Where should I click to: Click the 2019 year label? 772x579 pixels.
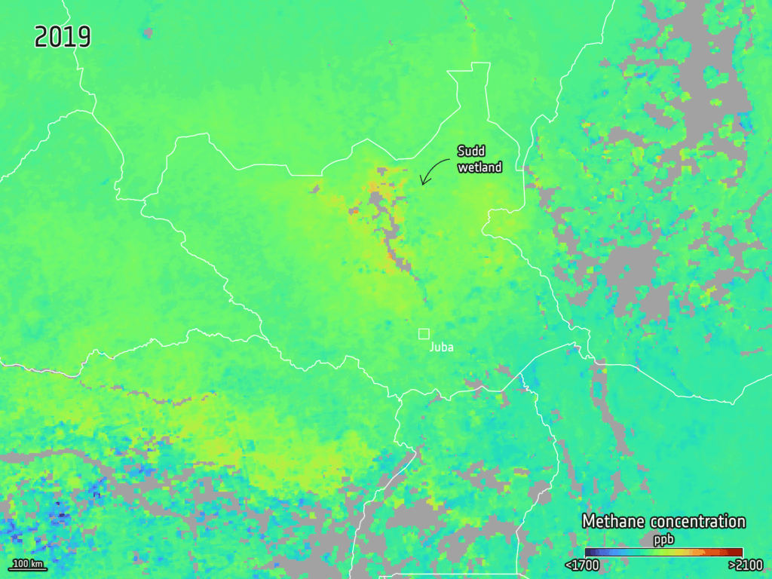point(63,37)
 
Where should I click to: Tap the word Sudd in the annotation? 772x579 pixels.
point(471,152)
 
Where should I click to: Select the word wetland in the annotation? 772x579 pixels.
point(479,167)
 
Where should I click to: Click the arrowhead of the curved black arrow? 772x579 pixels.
point(423,182)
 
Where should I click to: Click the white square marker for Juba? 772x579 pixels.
point(424,333)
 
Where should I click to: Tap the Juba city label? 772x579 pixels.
point(441,348)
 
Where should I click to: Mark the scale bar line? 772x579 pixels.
point(28,569)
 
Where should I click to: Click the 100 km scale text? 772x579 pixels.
point(28,563)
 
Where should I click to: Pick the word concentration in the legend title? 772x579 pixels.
point(697,522)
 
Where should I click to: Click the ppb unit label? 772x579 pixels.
point(663,539)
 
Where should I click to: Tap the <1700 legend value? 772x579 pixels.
point(581,565)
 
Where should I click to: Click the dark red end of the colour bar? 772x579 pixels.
point(737,552)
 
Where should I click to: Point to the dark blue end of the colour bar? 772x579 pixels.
point(590,552)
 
